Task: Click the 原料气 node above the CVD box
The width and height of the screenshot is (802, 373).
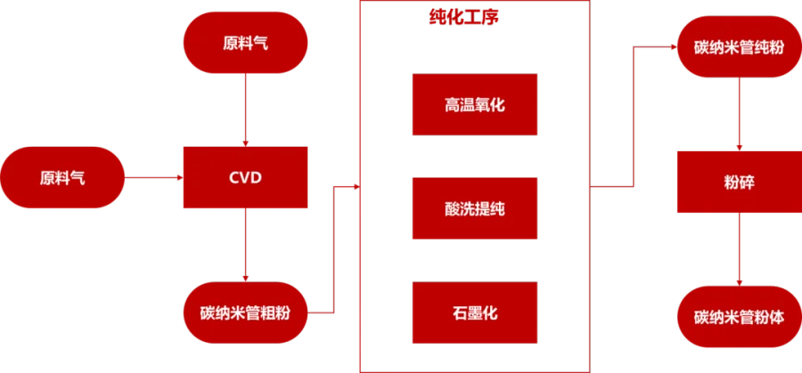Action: [x=245, y=44]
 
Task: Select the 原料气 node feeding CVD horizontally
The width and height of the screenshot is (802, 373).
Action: [x=63, y=178]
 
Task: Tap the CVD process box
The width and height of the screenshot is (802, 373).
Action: [x=245, y=178]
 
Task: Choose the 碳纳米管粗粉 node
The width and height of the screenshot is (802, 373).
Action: [x=245, y=313]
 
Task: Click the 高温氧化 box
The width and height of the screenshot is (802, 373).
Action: [x=474, y=105]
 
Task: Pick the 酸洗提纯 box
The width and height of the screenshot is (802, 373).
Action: [x=474, y=208]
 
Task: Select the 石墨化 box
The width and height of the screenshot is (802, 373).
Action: [x=474, y=312]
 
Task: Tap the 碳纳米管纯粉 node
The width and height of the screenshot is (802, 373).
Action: [x=739, y=46]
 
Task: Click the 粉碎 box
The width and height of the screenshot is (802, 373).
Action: [x=739, y=182]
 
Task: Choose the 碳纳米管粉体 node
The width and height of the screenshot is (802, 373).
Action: [x=739, y=316]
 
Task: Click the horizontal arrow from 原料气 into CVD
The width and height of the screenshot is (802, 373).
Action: [x=153, y=178]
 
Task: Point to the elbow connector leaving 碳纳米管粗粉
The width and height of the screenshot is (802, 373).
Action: [x=333, y=249]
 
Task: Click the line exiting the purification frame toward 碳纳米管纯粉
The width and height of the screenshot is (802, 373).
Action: [x=633, y=116]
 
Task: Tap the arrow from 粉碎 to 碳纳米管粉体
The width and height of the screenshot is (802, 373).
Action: [x=739, y=248]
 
